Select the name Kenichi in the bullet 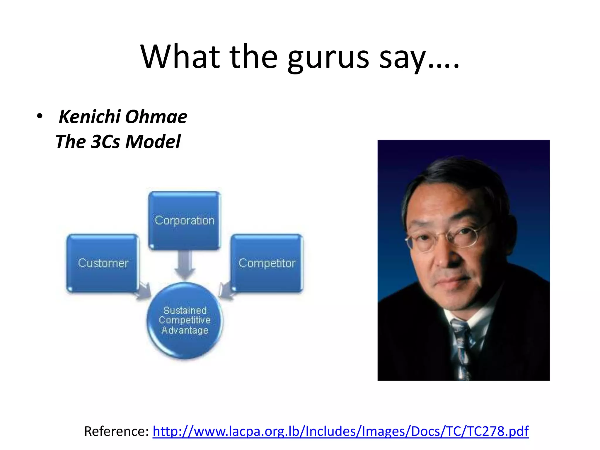pos(90,117)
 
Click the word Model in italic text pos(153,142)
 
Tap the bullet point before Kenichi pos(40,116)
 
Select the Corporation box pos(185,220)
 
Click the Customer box pos(103,263)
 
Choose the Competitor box pos(267,263)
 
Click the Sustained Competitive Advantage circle pos(185,320)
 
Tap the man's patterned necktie pos(461,349)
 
